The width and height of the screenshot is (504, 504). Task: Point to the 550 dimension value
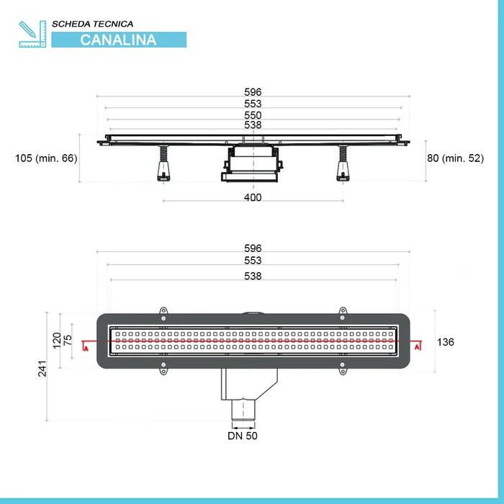253,115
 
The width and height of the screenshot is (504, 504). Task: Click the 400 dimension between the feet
253,197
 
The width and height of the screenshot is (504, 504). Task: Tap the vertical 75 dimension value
69,340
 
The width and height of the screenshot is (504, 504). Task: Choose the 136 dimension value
446,342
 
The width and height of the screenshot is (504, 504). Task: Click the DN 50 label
243,436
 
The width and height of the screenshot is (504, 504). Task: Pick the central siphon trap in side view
249,164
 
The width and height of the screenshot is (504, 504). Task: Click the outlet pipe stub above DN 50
243,411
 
